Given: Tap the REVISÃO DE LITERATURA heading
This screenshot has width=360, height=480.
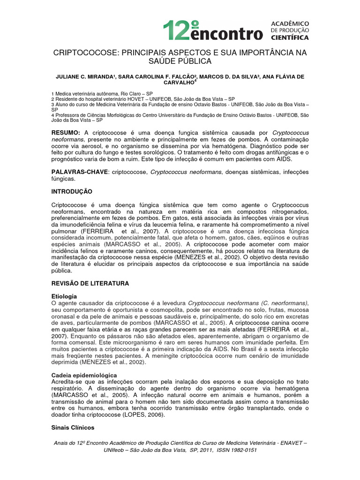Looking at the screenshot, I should [x=90, y=284].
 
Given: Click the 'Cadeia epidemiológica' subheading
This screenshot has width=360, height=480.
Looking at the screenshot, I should [x=84, y=375].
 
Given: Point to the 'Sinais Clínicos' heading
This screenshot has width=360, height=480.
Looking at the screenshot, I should [x=72, y=427].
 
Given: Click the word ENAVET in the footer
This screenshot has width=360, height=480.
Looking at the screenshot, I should [x=289, y=443].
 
